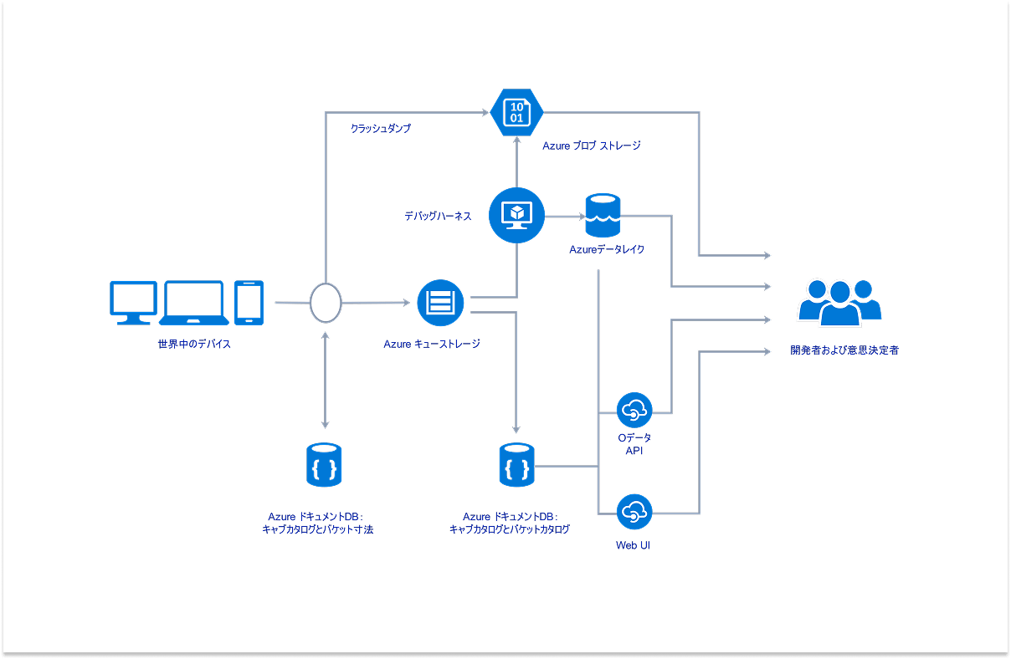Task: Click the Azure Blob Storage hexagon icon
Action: coord(516,112)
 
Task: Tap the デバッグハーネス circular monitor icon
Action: coord(516,216)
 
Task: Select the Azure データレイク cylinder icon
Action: coord(603,216)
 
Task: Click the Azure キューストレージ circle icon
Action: coord(440,302)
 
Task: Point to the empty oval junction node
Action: coord(326,302)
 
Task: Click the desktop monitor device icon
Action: coord(134,302)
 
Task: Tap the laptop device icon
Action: coord(194,302)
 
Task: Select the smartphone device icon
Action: coord(249,302)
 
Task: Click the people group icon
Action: coord(839,303)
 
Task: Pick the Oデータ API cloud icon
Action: coord(634,411)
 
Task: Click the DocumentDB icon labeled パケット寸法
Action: coord(324,465)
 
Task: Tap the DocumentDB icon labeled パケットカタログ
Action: coord(516,465)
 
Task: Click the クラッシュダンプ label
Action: coord(381,129)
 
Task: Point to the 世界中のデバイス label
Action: coord(194,344)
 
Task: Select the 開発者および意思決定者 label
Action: coord(844,350)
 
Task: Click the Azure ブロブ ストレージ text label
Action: coord(592,146)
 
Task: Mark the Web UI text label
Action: coord(634,546)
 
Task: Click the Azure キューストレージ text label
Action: coord(432,343)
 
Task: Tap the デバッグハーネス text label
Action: coord(438,216)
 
